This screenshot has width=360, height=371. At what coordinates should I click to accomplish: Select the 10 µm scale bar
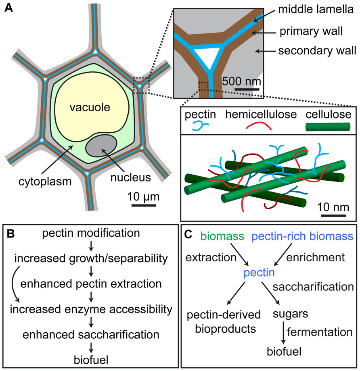click(143, 206)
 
